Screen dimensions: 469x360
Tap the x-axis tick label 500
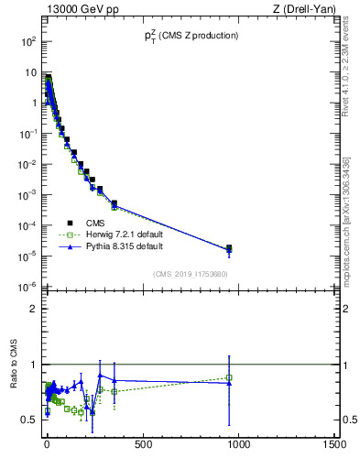[x=142, y=446]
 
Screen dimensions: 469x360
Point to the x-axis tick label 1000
[x=238, y=446]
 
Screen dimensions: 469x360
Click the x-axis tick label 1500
[x=334, y=446]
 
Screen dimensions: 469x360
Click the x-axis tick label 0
[x=47, y=446]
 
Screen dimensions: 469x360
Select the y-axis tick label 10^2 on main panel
[x=28, y=42]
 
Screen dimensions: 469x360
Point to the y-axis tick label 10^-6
[x=28, y=287]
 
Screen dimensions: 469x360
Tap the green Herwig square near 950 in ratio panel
[x=229, y=377]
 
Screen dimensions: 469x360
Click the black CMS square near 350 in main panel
[x=115, y=203]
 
